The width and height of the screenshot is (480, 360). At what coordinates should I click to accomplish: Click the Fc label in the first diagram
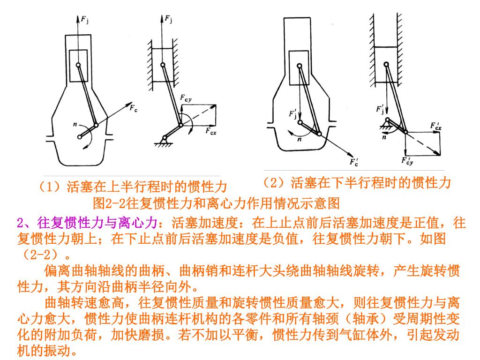click(134, 108)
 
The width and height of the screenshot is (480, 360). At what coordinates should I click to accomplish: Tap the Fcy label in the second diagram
click(186, 98)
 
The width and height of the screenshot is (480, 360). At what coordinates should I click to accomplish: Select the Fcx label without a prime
click(210, 131)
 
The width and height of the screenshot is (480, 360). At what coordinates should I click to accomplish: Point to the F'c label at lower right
click(354, 162)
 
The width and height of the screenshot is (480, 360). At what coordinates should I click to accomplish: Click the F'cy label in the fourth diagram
click(407, 161)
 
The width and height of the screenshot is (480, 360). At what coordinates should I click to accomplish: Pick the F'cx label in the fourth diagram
click(436, 126)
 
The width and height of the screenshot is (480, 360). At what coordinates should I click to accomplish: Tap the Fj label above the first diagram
click(85, 20)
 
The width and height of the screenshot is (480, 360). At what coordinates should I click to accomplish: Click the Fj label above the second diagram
click(168, 19)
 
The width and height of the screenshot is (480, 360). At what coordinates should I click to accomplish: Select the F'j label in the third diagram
click(293, 113)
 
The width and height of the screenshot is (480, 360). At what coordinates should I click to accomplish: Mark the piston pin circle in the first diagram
click(78, 65)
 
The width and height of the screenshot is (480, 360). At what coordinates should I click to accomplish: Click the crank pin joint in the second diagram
click(180, 125)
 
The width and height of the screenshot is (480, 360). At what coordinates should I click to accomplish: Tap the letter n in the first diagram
click(75, 124)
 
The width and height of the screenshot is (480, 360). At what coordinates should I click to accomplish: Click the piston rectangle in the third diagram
click(299, 67)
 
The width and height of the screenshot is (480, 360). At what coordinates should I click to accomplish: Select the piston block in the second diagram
click(163, 65)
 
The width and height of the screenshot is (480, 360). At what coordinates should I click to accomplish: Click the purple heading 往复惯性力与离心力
click(97, 223)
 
